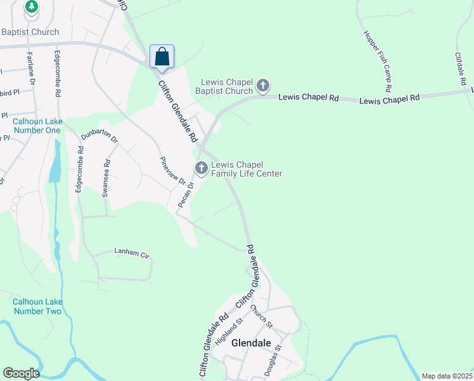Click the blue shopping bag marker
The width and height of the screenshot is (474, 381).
162,57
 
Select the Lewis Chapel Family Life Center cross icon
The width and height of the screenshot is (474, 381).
202,168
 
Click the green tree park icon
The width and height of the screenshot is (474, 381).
31,6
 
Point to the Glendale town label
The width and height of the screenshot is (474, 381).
251,343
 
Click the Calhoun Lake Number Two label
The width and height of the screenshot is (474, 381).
37,307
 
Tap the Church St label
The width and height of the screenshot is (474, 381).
260,317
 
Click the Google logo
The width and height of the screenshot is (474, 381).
21,373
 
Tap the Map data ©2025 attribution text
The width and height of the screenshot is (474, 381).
447,376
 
